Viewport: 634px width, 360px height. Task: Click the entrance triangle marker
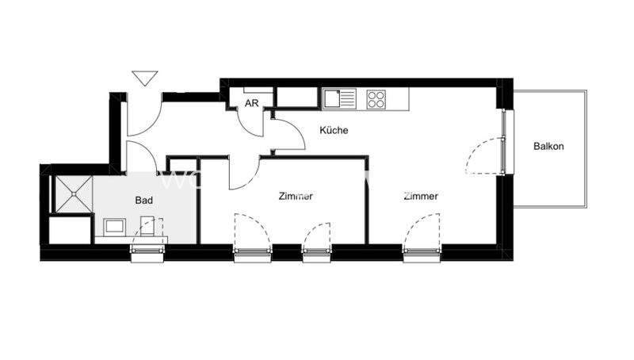click(143, 78)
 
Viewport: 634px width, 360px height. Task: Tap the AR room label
click(252, 103)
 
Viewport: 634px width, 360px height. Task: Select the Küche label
click(334, 130)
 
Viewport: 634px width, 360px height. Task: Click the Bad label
click(143, 201)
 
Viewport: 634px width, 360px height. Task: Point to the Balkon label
click(548, 146)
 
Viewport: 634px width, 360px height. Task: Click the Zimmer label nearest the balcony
click(421, 197)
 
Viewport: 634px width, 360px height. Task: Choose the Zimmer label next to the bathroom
click(296, 197)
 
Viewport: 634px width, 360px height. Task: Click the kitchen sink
click(342, 99)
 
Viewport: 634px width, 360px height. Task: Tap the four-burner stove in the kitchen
click(376, 99)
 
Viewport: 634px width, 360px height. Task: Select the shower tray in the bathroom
click(70, 193)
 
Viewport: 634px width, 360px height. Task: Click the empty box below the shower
click(70, 229)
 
